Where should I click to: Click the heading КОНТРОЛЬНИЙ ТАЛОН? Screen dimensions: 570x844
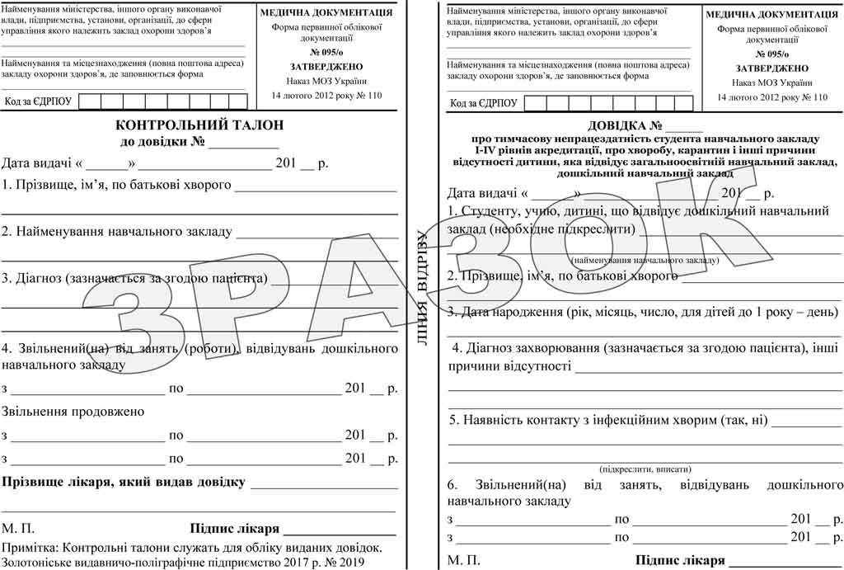point(199,125)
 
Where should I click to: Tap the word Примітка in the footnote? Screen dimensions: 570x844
point(30,547)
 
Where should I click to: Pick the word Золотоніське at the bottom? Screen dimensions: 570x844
point(39,563)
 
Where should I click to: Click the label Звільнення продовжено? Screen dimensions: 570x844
point(73,411)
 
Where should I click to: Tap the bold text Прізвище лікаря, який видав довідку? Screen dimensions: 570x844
point(124,482)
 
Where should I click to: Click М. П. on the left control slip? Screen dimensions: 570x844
point(18,529)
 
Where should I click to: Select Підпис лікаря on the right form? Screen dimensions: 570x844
point(680,561)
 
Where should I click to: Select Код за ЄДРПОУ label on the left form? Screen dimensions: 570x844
point(39,102)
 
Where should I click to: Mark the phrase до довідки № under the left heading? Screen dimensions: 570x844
point(163,142)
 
